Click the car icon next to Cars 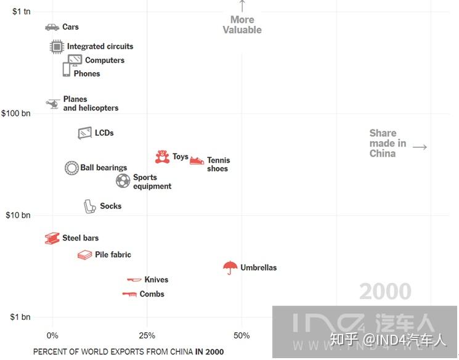pyautogui.click(x=52, y=27)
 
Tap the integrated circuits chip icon pyautogui.click(x=57, y=47)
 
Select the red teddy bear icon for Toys pyautogui.click(x=162, y=157)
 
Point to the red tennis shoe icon pyautogui.click(x=197, y=160)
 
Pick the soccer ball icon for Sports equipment pyautogui.click(x=123, y=181)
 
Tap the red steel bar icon pyautogui.click(x=52, y=238)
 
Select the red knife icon pyautogui.click(x=134, y=280)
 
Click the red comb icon pyautogui.click(x=129, y=294)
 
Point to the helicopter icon pyautogui.click(x=53, y=104)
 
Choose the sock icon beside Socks pyautogui.click(x=89, y=207)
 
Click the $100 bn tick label pyautogui.click(x=16, y=113)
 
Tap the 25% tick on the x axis pyautogui.click(x=147, y=335)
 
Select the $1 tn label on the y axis pyautogui.click(x=22, y=12)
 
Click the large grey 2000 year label pyautogui.click(x=385, y=291)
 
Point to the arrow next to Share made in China pyautogui.click(x=420, y=147)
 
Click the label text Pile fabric pyautogui.click(x=113, y=255)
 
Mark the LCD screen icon pyautogui.click(x=85, y=133)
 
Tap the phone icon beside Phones pyautogui.click(x=67, y=70)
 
